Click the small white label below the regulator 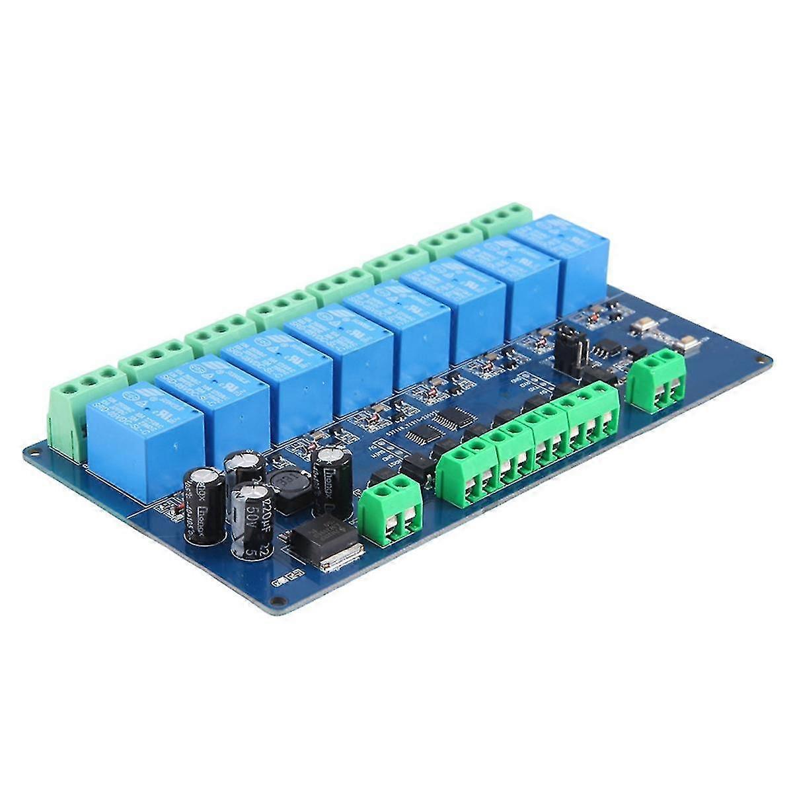(x=285, y=581)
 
